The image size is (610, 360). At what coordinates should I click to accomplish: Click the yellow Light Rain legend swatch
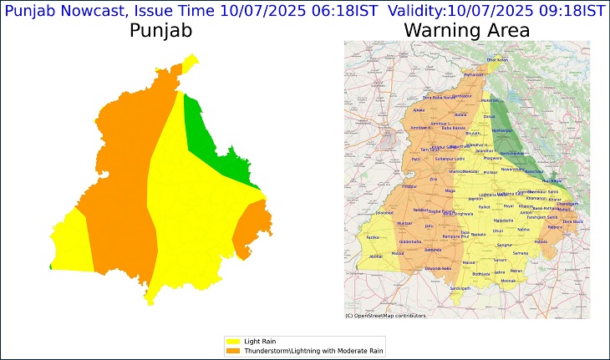[231, 342]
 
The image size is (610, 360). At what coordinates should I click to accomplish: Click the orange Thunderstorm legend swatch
[231, 350]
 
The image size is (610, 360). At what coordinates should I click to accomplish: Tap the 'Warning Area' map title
[466, 31]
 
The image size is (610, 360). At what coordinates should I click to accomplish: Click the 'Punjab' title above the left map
[160, 31]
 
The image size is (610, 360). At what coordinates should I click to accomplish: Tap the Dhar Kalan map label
[497, 60]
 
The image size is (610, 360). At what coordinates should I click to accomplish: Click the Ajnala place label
[419, 110]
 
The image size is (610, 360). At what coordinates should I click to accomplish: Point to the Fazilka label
[373, 238]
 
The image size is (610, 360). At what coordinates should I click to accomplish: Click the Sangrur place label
[504, 246]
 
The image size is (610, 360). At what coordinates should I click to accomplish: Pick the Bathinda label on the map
[434, 249]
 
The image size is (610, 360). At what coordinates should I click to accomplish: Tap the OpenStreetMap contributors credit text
[385, 316]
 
